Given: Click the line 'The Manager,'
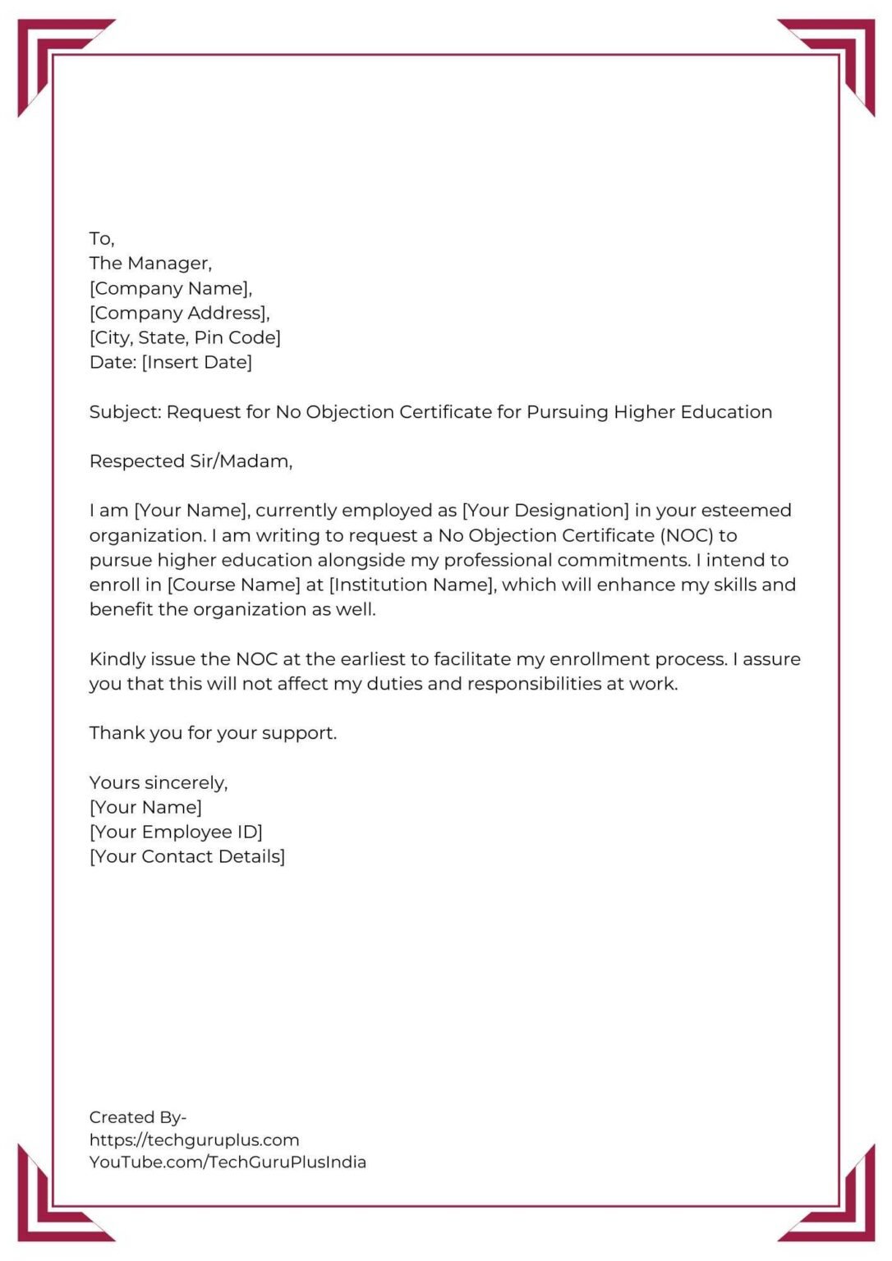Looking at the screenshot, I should coord(150,264).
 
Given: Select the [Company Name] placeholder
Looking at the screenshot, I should coord(170,288).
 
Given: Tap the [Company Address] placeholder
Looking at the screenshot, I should coord(179,313).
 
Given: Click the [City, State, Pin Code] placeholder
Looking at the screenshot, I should coord(185,337).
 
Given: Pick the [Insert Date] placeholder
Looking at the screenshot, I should coord(197,362).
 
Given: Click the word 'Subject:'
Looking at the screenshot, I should coord(125,412).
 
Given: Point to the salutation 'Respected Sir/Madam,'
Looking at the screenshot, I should coord(191,461).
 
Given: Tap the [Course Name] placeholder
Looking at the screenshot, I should coord(234,585).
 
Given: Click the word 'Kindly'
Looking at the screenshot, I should coord(117,659).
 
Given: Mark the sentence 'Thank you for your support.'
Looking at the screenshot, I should coord(213,733).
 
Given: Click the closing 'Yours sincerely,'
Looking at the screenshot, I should coord(159,782).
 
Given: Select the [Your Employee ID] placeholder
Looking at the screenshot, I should coord(176,832).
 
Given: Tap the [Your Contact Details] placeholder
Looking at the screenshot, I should coord(187,856).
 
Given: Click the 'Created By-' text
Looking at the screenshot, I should coord(138,1117).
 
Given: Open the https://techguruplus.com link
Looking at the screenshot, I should coord(194,1139).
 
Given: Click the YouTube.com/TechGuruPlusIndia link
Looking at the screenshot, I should coord(228,1162).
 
